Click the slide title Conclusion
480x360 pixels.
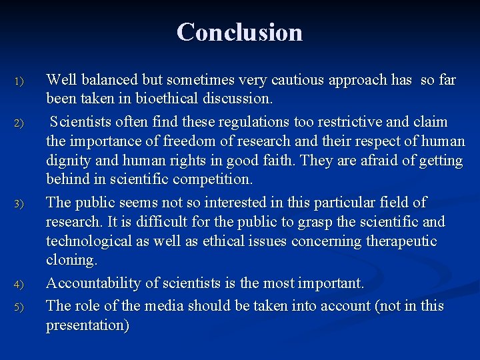tap(240, 32)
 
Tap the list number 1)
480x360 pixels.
tap(19, 82)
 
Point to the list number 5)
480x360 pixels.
tap(19, 307)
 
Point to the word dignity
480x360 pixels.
tap(69, 161)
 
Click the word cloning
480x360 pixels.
tap(71, 260)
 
